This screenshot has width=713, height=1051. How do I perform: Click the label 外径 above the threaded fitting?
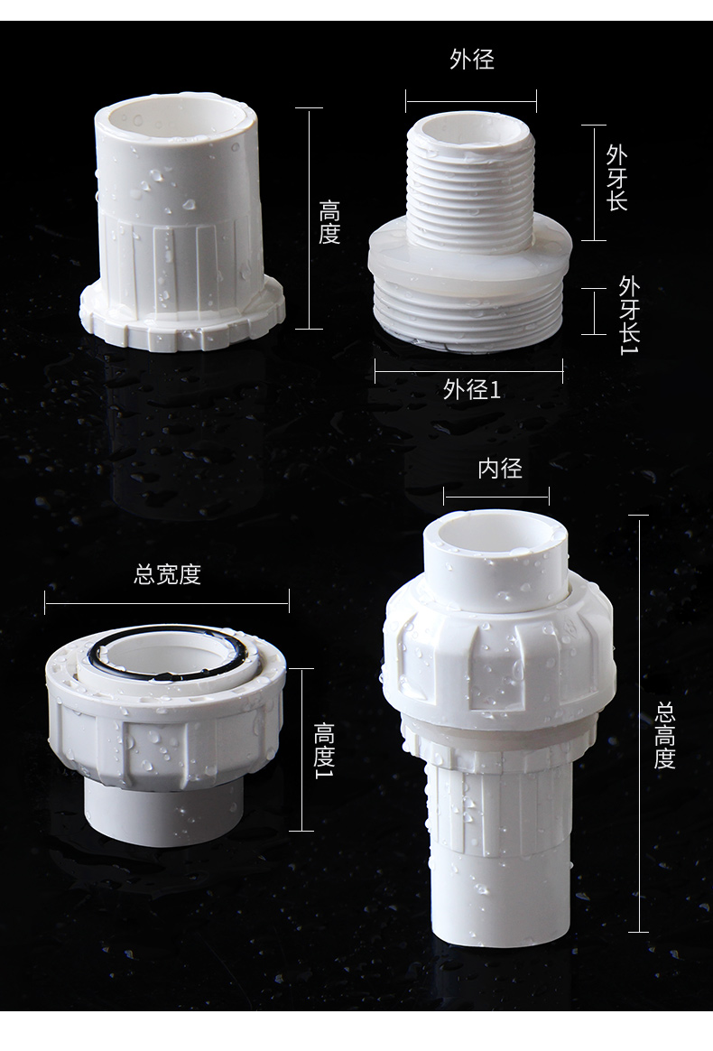[471, 60]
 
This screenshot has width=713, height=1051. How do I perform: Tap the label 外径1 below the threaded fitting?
[471, 389]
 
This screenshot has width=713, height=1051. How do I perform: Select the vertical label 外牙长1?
[628, 314]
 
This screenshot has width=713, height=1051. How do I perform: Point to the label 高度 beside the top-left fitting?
[329, 222]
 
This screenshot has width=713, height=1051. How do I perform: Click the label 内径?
[499, 468]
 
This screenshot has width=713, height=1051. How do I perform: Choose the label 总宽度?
[167, 574]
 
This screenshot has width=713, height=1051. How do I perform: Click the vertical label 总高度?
[665, 736]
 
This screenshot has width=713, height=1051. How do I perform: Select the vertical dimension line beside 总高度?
[639, 722]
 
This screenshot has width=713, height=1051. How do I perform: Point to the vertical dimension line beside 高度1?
[301, 749]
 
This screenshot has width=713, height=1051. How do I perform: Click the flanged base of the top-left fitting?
[181, 321]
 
